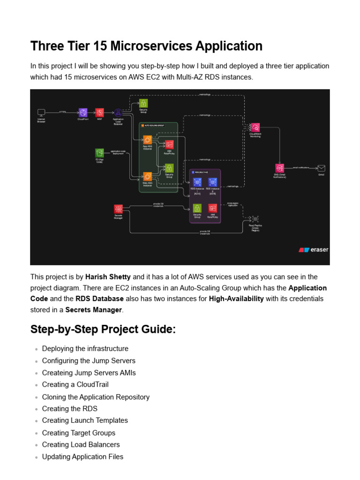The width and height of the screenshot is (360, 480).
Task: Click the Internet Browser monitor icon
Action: click(x=41, y=112)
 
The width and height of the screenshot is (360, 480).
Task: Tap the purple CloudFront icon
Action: click(x=83, y=112)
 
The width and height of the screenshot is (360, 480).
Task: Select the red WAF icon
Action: click(x=99, y=112)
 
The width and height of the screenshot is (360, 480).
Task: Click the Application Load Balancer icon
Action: click(x=118, y=112)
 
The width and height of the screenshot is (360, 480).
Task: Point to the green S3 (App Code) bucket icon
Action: click(x=99, y=153)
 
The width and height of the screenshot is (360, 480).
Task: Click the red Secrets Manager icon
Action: click(x=119, y=209)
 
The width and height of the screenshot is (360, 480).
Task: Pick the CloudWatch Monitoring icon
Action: click(x=255, y=127)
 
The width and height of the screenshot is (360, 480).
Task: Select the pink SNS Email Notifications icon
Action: click(x=279, y=168)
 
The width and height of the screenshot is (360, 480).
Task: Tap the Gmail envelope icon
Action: click(x=321, y=168)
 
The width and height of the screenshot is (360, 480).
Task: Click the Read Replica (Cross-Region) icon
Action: click(x=255, y=218)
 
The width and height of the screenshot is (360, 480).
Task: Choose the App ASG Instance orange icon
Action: click(x=147, y=140)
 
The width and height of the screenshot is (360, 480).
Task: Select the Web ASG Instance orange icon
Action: click(x=147, y=176)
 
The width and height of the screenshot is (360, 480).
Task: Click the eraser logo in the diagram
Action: click(x=314, y=250)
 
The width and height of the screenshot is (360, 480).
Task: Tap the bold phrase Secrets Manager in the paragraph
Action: click(x=93, y=310)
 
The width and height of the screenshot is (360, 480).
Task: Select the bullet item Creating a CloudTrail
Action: click(x=75, y=385)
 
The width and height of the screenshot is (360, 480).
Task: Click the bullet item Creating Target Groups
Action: click(x=78, y=433)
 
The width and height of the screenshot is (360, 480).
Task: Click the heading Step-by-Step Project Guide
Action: click(x=103, y=330)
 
